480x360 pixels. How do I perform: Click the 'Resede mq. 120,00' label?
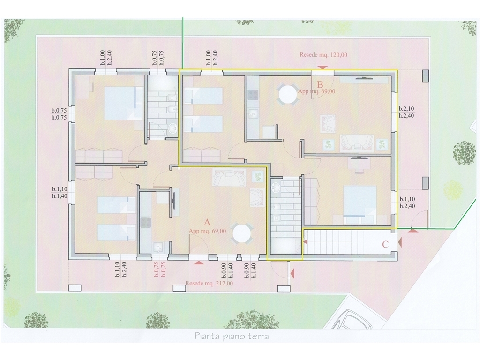click(x=323, y=55)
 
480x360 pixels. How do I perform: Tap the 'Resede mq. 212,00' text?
click(x=209, y=284)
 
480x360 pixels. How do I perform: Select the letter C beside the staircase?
click(x=385, y=244)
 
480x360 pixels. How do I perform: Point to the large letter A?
click(x=207, y=222)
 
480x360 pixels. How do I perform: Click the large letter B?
click(x=320, y=84)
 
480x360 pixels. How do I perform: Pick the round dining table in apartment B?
click(x=287, y=94)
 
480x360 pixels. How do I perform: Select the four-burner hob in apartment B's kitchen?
click(x=254, y=95)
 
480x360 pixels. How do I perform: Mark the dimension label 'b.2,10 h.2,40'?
click(x=407, y=112)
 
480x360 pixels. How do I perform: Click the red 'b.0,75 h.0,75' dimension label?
click(x=159, y=270)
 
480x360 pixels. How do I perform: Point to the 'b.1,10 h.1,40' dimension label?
click(x=60, y=193)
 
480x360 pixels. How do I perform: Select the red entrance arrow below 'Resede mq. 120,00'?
click(x=322, y=67)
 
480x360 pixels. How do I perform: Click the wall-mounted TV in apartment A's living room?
click(x=174, y=201)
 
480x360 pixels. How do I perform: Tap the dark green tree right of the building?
click(x=465, y=153)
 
